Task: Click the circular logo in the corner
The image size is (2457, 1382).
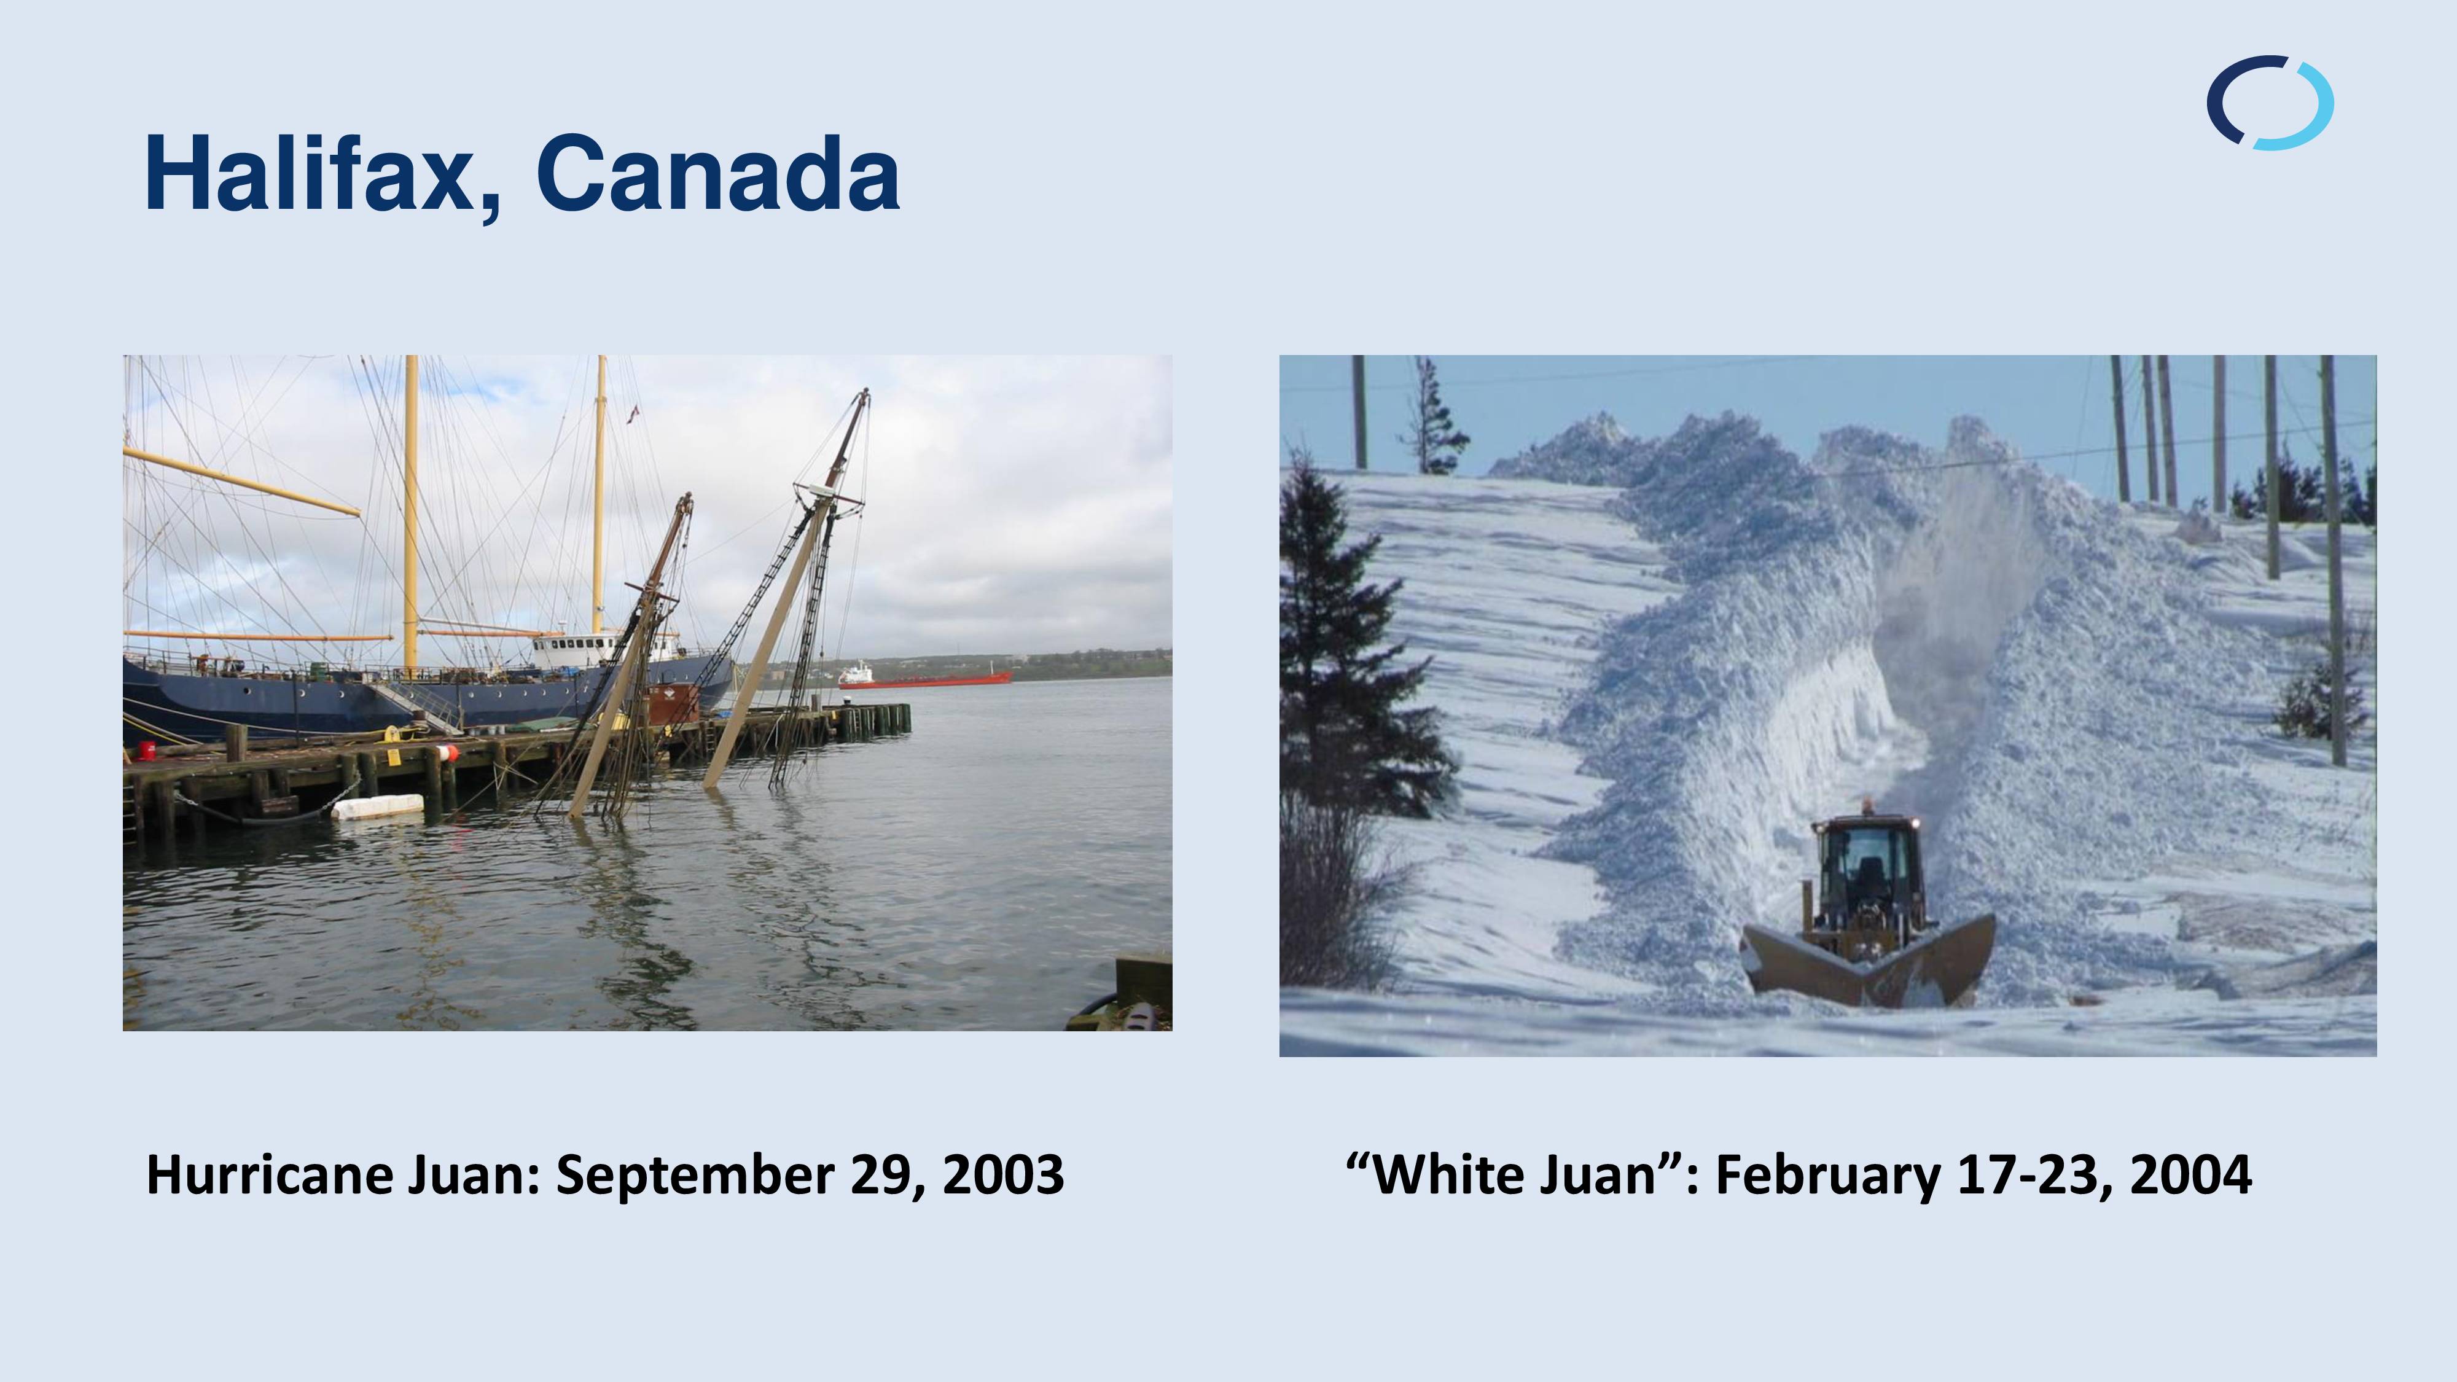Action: pos(2270,103)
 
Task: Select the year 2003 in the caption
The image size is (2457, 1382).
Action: pos(1004,1174)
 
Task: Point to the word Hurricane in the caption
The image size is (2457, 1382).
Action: pos(270,1174)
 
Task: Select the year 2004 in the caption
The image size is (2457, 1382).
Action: pos(2191,1174)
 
